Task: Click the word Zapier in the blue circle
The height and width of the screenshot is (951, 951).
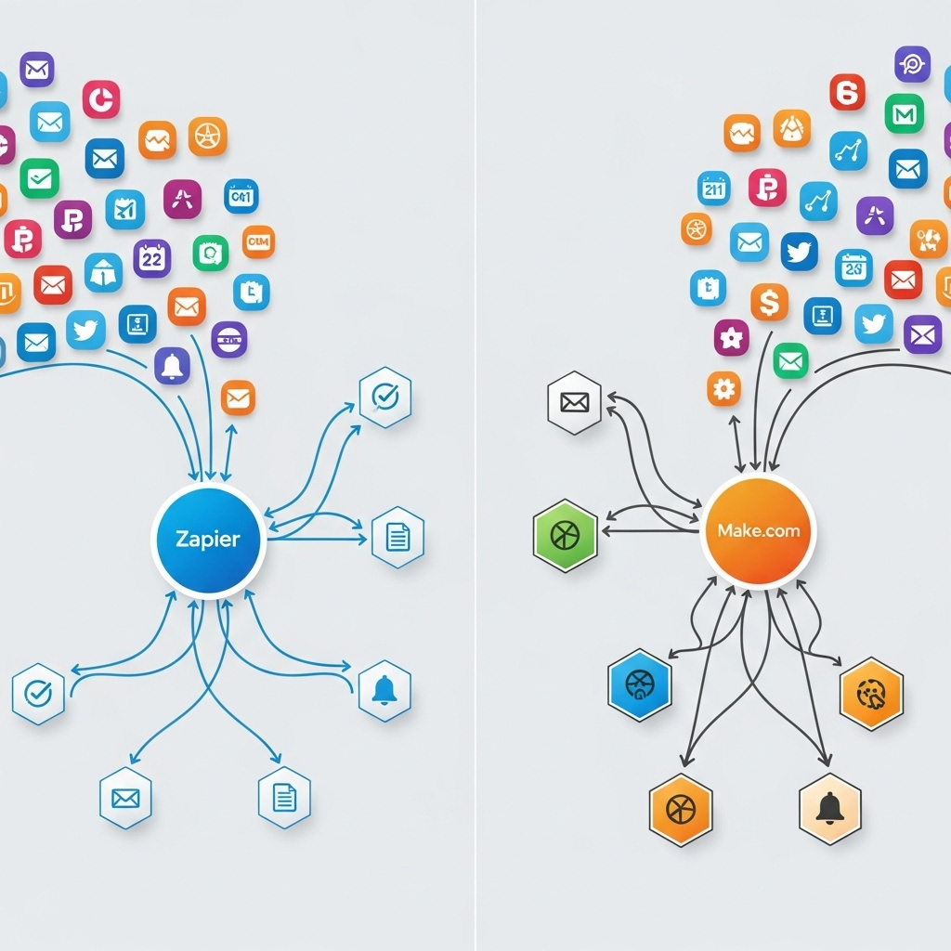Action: click(x=207, y=539)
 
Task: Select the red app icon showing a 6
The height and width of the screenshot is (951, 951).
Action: click(x=847, y=93)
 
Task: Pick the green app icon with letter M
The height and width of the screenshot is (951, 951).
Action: click(x=904, y=113)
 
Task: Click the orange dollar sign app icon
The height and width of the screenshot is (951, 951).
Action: click(x=769, y=302)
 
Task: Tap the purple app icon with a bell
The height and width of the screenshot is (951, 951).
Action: click(x=172, y=366)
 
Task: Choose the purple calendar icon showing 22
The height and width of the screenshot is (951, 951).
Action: click(x=152, y=258)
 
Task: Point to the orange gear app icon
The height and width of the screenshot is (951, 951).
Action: click(x=723, y=388)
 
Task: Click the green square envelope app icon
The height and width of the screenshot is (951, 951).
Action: click(x=790, y=360)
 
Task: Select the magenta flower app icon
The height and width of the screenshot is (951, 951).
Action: click(x=731, y=338)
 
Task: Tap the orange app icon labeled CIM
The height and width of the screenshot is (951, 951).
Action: click(x=258, y=241)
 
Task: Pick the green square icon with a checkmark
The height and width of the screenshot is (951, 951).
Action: click(x=39, y=178)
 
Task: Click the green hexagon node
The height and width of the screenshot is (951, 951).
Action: click(x=565, y=537)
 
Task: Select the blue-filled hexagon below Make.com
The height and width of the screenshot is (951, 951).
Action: click(x=639, y=685)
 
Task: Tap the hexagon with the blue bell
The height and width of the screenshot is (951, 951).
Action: click(x=384, y=690)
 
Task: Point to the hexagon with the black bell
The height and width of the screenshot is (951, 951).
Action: click(x=829, y=808)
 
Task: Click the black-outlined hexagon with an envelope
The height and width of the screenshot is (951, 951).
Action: click(x=575, y=402)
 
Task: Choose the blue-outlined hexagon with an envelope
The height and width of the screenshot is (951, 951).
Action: click(x=125, y=798)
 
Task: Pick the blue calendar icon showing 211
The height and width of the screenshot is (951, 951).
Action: click(x=714, y=189)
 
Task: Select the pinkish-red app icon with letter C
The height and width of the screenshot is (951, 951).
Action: click(x=101, y=99)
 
